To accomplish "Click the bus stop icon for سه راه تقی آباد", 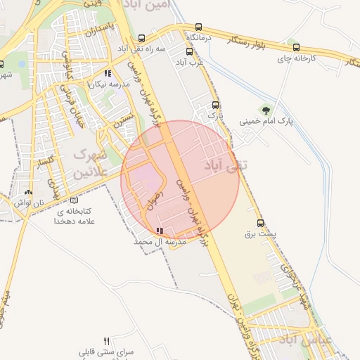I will click(141, 39).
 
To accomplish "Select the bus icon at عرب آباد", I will click(188, 51).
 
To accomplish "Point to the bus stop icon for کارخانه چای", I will click(295, 49).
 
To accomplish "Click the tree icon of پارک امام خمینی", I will click(265, 109).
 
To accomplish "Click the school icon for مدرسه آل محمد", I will click(160, 231).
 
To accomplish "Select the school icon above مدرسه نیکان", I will click(108, 73).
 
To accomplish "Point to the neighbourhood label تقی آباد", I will click(221, 165).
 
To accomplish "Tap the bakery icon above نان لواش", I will click(28, 192).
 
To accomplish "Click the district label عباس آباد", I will click(307, 340).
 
